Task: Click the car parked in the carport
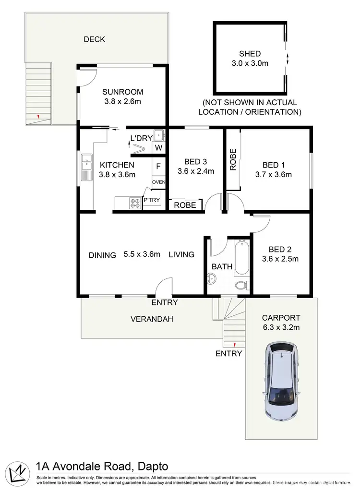pyautogui.click(x=281, y=381)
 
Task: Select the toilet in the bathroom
pyautogui.click(x=242, y=286)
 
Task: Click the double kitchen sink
pyautogui.click(x=86, y=167)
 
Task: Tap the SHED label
pyautogui.click(x=250, y=54)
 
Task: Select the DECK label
pyautogui.click(x=94, y=39)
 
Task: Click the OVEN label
pyautogui.click(x=158, y=182)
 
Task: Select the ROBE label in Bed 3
pyautogui.click(x=185, y=205)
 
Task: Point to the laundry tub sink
pyautogui.click(x=159, y=134)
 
